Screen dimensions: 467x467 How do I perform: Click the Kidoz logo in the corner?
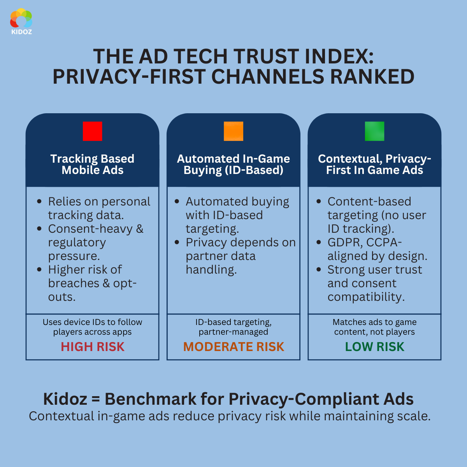coord(21,21)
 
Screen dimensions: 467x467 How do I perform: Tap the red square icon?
coord(93,131)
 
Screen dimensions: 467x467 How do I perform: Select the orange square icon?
coord(233,131)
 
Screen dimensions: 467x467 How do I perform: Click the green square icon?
coord(374,131)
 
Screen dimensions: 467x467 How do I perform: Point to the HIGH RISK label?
coord(93,347)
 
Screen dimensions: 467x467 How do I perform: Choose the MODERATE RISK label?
coord(233,347)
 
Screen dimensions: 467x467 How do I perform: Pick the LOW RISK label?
coord(374,347)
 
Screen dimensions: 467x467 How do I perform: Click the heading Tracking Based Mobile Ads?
coord(93,164)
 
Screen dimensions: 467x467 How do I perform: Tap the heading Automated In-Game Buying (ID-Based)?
coord(233,164)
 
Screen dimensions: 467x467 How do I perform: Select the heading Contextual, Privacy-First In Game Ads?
coord(374,164)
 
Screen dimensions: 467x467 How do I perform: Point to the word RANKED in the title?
coord(372,77)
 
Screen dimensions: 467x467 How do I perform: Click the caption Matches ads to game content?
coord(374,327)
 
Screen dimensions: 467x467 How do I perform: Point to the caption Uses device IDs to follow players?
coord(93,327)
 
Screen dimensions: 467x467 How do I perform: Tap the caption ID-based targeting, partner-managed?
coord(233,327)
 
